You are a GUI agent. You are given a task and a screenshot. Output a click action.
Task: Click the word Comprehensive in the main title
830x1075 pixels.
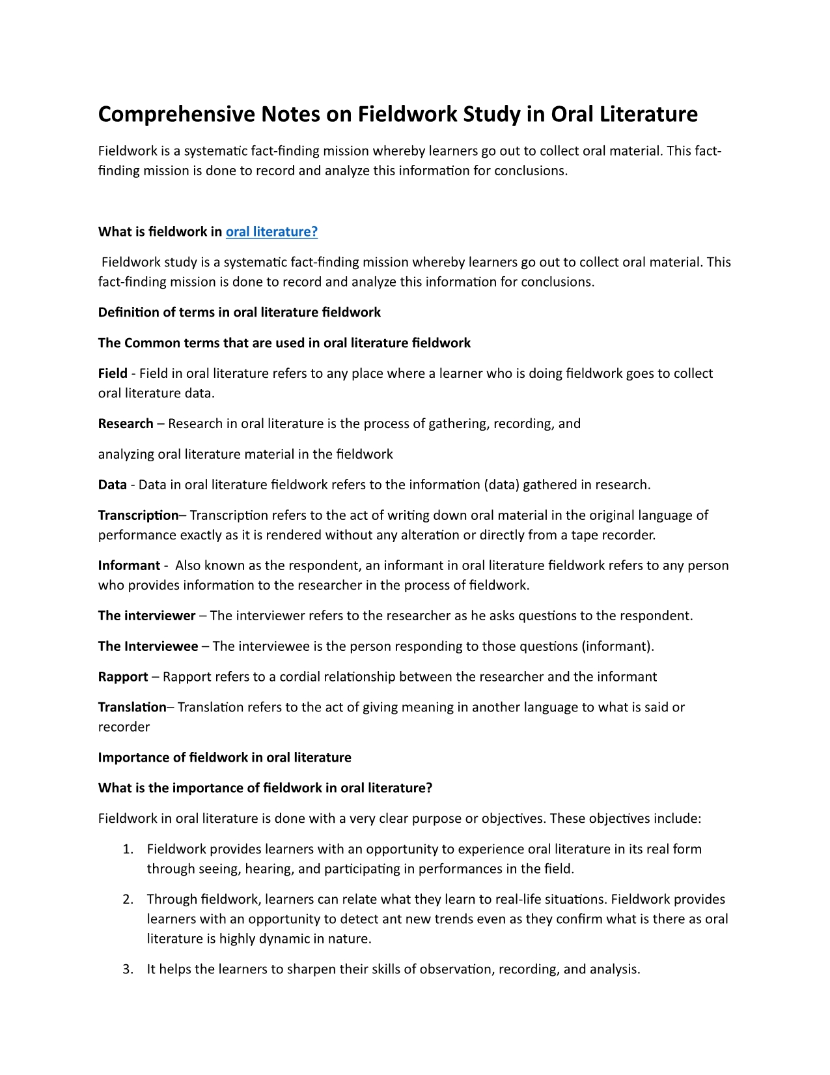[176, 115]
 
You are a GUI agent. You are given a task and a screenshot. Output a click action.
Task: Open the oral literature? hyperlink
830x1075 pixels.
[271, 232]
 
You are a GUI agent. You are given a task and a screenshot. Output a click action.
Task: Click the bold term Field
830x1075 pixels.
[113, 373]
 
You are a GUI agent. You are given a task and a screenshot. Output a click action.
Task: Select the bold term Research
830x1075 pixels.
[126, 423]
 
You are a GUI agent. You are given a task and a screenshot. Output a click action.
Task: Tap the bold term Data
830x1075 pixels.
[112, 485]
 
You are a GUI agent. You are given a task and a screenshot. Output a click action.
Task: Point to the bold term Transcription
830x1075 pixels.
[138, 515]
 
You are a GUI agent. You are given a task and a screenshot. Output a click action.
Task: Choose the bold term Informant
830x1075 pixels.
[129, 566]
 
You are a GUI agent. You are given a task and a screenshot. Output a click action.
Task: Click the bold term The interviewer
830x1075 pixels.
[146, 616]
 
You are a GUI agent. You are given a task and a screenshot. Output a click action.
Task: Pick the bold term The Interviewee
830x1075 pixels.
[148, 646]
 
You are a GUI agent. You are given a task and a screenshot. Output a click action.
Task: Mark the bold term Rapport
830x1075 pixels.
[123, 677]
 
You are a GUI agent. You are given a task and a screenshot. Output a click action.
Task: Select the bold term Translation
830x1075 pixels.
[132, 708]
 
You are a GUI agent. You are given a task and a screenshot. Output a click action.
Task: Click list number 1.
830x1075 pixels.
[128, 850]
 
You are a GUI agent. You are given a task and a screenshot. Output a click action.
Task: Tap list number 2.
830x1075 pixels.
[128, 900]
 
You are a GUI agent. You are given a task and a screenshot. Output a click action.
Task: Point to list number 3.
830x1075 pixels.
[128, 969]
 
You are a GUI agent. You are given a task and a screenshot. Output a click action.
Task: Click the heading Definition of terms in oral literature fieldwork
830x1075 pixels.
[239, 313]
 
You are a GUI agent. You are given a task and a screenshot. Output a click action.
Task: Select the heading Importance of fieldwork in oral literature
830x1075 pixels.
[225, 758]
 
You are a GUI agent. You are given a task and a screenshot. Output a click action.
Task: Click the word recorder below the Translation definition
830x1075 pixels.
[124, 727]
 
